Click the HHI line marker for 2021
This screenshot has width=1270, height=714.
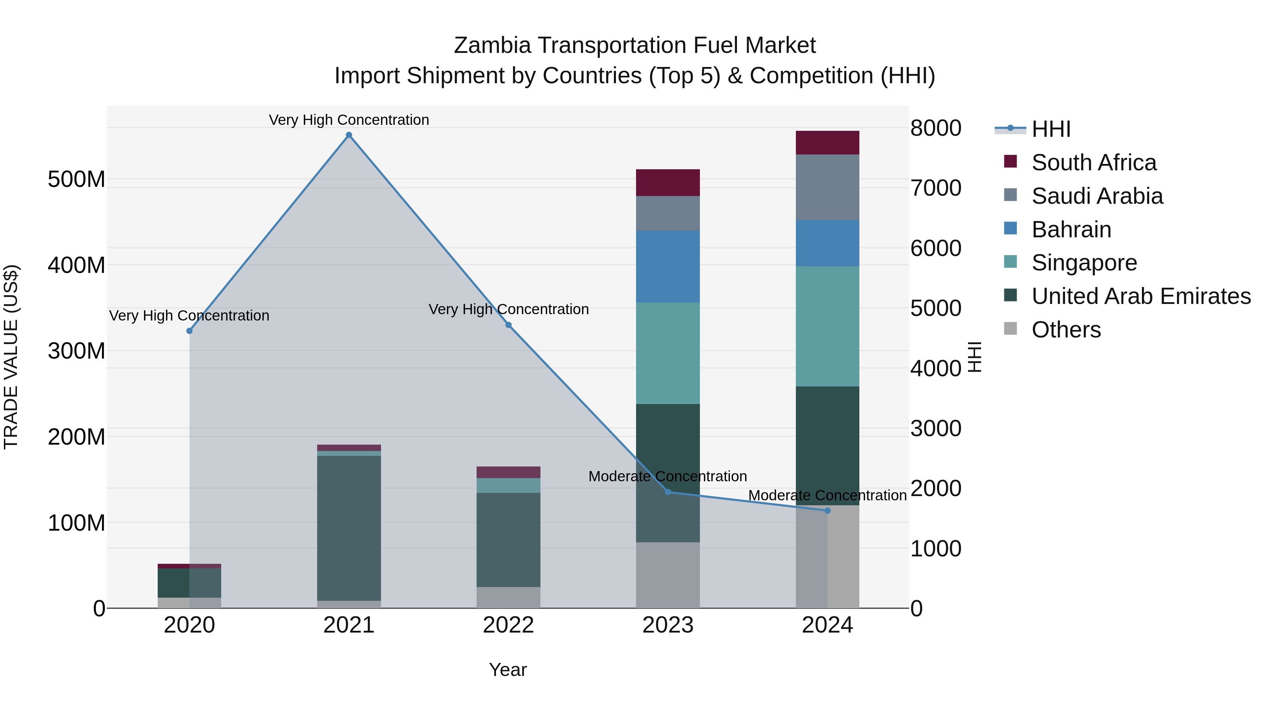pos(349,135)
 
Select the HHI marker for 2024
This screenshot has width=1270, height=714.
pos(827,511)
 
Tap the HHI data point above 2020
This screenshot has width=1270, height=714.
pos(189,331)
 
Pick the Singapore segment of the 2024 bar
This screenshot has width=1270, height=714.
pos(827,326)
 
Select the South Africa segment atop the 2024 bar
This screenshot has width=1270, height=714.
pos(827,142)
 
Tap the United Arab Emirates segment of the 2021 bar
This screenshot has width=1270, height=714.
pos(349,527)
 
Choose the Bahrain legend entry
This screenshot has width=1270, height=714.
pos(1071,230)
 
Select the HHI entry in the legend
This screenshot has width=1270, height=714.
pos(1051,129)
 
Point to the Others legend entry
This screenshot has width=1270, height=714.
pos(1065,330)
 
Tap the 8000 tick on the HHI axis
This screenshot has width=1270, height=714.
pos(935,128)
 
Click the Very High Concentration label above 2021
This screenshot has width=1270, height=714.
pos(349,120)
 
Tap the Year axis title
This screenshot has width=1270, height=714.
pos(508,670)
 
